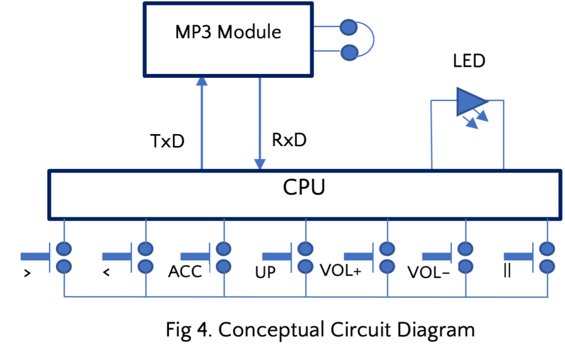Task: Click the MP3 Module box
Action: point(227,39)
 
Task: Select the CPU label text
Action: point(304,188)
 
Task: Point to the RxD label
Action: point(289,140)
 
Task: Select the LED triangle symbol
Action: point(470,103)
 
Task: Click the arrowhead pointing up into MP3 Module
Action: point(202,82)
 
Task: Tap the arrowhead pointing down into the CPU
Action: point(259,164)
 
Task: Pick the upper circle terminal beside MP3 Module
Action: point(348,26)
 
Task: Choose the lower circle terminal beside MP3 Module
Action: point(348,53)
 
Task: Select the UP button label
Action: point(265,272)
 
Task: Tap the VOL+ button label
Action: point(340,271)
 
